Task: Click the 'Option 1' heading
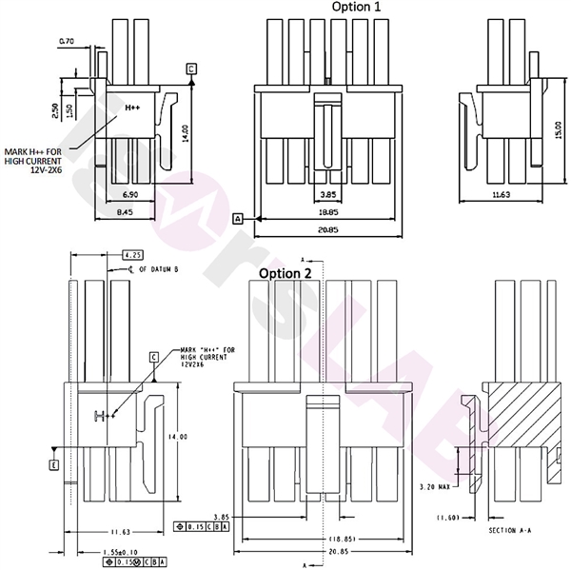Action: coord(355,8)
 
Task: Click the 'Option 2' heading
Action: coord(285,273)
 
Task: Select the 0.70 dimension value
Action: coord(67,42)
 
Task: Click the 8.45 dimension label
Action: coord(125,213)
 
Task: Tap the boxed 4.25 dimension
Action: coord(133,255)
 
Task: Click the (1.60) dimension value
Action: coord(447,518)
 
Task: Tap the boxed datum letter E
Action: coord(54,464)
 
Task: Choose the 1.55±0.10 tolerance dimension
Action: coord(122,551)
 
